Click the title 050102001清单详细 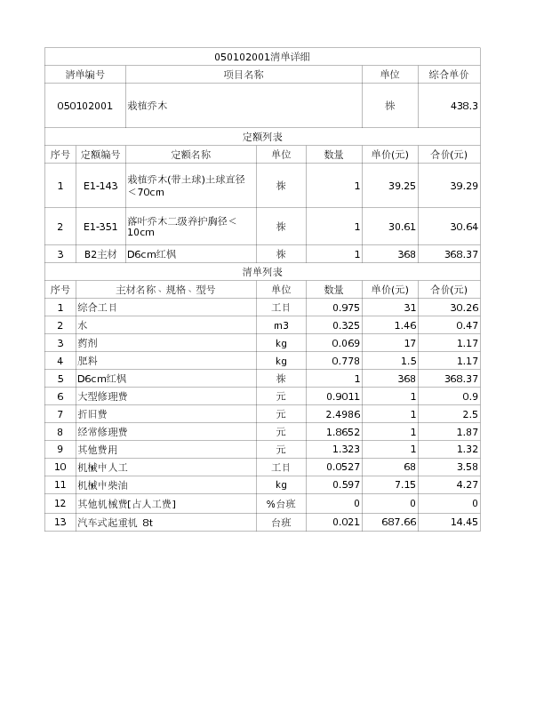coord(262,57)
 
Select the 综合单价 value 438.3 coord(464,106)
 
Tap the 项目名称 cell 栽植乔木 coord(148,106)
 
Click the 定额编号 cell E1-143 coord(100,186)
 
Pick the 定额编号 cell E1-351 coord(100,227)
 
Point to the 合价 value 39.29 coord(463,186)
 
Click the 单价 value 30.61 coord(402,227)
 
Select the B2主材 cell coord(100,254)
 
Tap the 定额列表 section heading coord(262,137)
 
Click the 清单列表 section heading coord(262,272)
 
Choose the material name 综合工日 coord(98,308)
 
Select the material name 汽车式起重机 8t coord(116,523)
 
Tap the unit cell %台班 coord(281,504)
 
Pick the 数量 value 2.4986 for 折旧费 coord(342,414)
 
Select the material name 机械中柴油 coord(102,485)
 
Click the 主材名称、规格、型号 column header coord(166,290)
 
